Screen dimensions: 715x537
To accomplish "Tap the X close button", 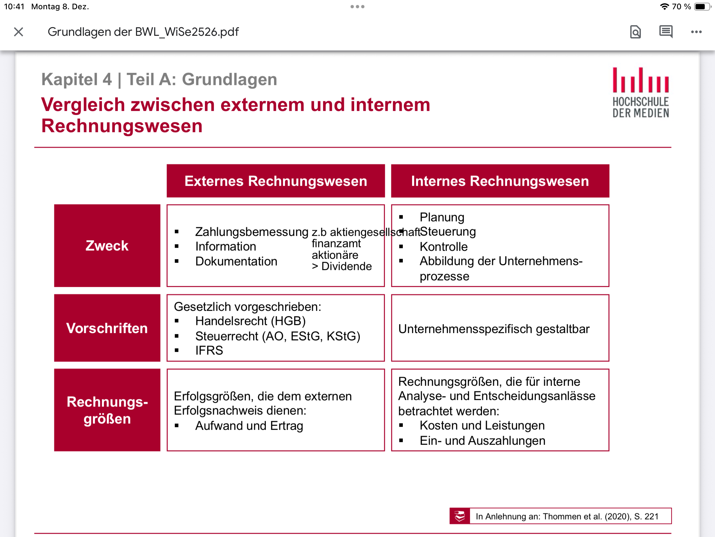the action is click(19, 32).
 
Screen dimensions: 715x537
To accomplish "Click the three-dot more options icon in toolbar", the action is click(696, 32).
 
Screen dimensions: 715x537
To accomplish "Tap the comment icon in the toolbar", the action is click(666, 32).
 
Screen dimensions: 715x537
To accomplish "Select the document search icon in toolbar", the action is click(635, 32).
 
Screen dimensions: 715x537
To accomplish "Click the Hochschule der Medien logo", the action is click(641, 92).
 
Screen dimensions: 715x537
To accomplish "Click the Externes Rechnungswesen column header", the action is click(276, 181).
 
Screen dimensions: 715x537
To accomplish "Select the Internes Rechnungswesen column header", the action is click(500, 181).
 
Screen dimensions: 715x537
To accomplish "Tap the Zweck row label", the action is click(107, 246).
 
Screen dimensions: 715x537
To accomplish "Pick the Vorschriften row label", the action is click(107, 328).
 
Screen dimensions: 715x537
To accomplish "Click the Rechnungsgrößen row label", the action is click(107, 410).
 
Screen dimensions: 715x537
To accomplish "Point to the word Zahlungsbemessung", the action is click(252, 232).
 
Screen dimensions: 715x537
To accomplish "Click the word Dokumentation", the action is click(236, 261).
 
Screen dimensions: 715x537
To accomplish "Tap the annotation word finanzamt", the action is click(336, 244).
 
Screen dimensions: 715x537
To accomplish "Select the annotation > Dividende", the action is click(342, 266).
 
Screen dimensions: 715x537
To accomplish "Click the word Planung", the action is click(442, 217).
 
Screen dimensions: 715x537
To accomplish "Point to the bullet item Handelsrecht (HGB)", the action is click(251, 321).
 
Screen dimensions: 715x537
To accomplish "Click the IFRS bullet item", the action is click(209, 350).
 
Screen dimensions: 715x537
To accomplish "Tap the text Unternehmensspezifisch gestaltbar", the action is click(494, 329).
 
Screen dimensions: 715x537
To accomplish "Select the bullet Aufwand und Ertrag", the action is click(249, 426).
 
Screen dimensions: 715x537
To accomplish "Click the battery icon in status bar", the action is click(702, 7).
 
